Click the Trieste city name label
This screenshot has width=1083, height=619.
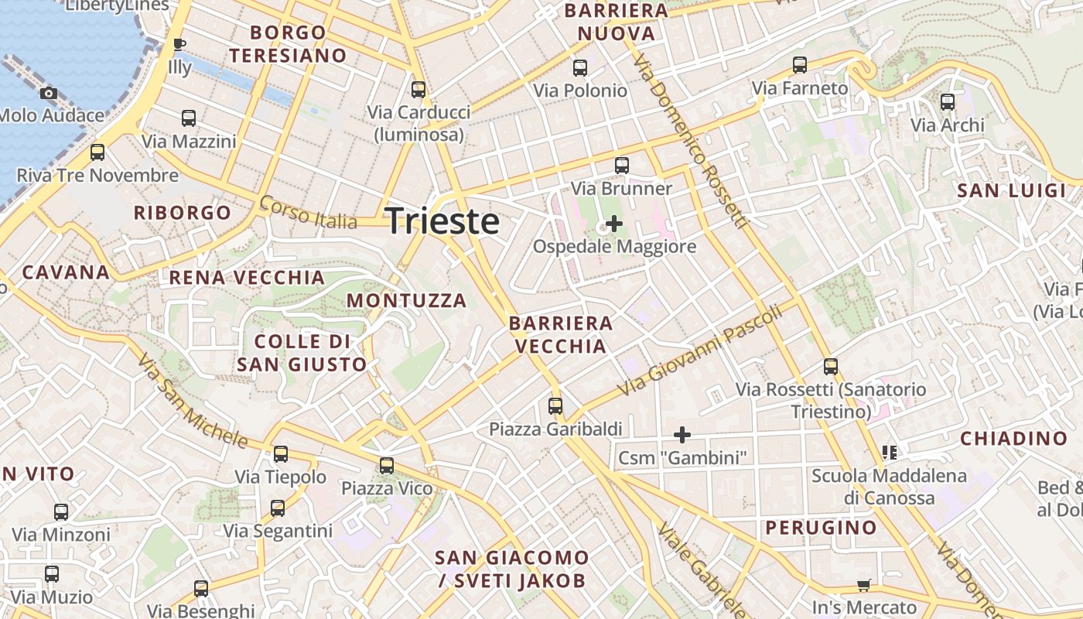442,221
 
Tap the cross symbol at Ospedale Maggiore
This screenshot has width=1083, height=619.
614,224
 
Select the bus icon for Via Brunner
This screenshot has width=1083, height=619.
621,165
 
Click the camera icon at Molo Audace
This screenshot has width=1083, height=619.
49,94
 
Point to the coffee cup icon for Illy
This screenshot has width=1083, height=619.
179,44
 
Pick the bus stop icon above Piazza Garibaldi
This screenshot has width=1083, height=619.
555,405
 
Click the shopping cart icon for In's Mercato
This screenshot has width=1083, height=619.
863,586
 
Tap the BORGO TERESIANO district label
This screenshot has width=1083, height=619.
288,44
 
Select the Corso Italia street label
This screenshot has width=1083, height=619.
308,213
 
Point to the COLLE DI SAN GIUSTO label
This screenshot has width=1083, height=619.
302,353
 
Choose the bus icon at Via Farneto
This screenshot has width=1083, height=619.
800,65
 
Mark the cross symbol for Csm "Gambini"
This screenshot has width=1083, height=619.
682,434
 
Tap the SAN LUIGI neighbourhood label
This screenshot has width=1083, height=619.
1011,191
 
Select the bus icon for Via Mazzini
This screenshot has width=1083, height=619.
189,118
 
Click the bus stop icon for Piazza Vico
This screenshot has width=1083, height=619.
387,466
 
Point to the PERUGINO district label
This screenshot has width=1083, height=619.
821,528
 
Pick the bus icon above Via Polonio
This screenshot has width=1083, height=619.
580,68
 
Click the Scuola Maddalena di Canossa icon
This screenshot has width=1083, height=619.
889,452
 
